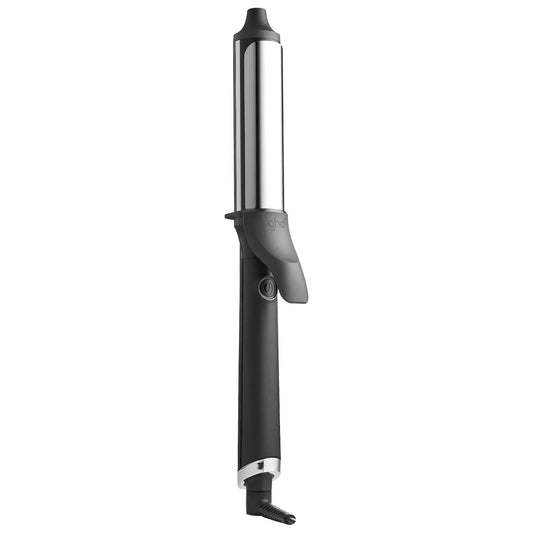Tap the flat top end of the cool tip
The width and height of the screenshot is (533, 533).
259,10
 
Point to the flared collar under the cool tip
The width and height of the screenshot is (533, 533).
259,37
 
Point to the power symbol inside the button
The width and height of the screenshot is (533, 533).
267,287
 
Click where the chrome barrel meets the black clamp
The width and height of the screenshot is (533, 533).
258,208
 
